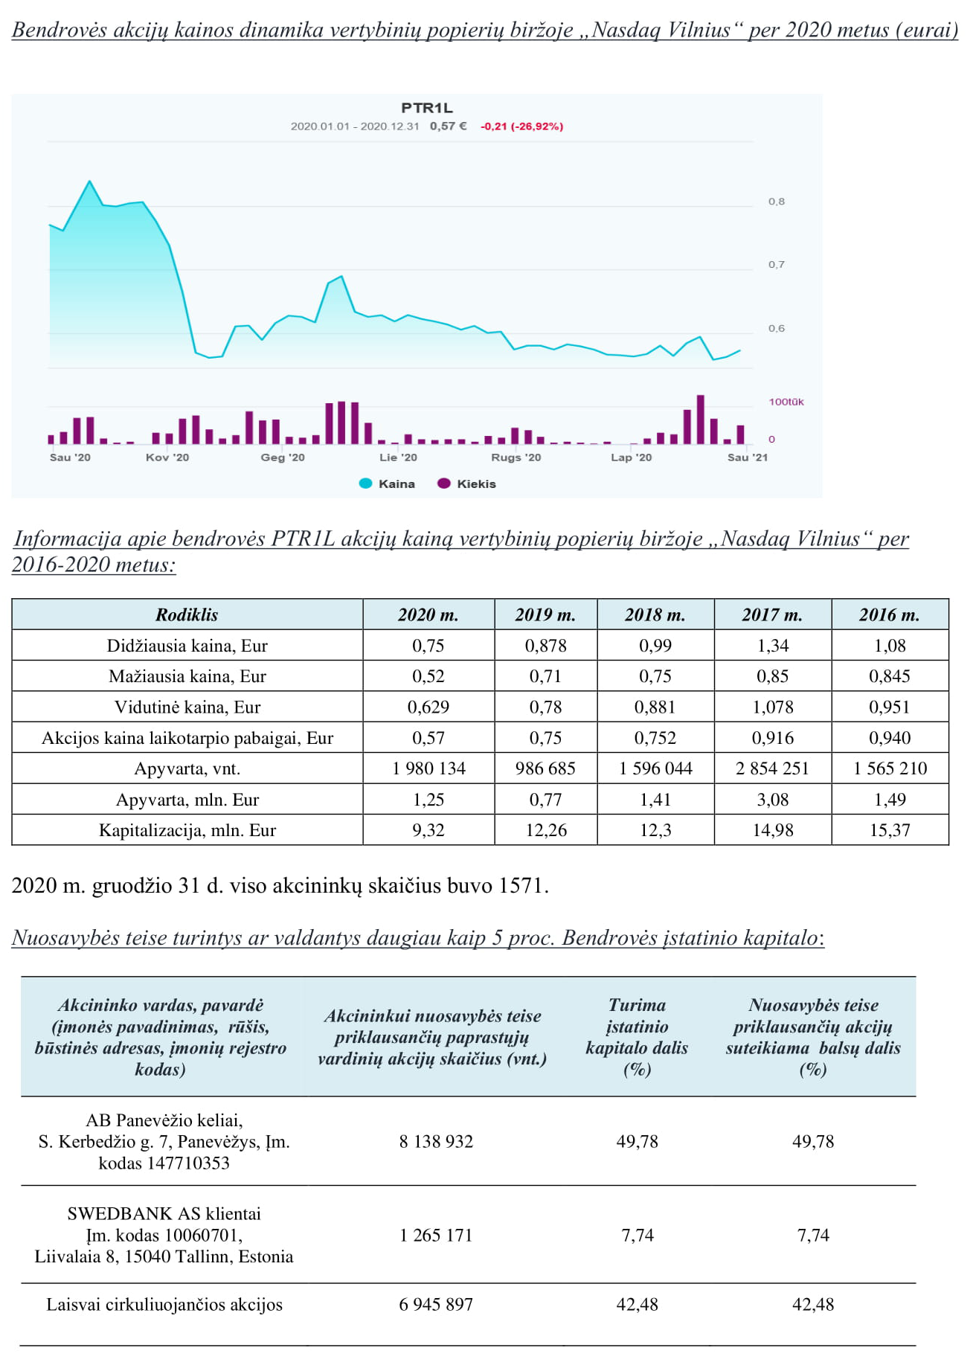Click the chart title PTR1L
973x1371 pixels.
427,108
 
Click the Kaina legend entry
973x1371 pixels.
387,484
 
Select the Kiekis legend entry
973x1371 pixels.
466,484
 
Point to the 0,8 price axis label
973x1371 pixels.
776,202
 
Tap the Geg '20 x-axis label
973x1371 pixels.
283,457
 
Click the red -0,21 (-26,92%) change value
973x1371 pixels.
521,126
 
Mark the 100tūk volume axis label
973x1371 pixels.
786,402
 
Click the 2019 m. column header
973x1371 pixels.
545,614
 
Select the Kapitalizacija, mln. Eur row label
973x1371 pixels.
187,830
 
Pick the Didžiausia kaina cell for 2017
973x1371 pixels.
773,646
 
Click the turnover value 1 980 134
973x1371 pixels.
428,768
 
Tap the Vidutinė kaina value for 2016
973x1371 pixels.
890,707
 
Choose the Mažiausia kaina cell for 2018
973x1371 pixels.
655,676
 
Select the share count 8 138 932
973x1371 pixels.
436,1141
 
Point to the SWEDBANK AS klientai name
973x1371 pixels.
164,1214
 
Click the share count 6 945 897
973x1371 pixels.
436,1304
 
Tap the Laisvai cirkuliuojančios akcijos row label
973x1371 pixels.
164,1304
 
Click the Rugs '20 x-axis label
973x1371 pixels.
516,457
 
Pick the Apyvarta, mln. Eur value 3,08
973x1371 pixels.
773,800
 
